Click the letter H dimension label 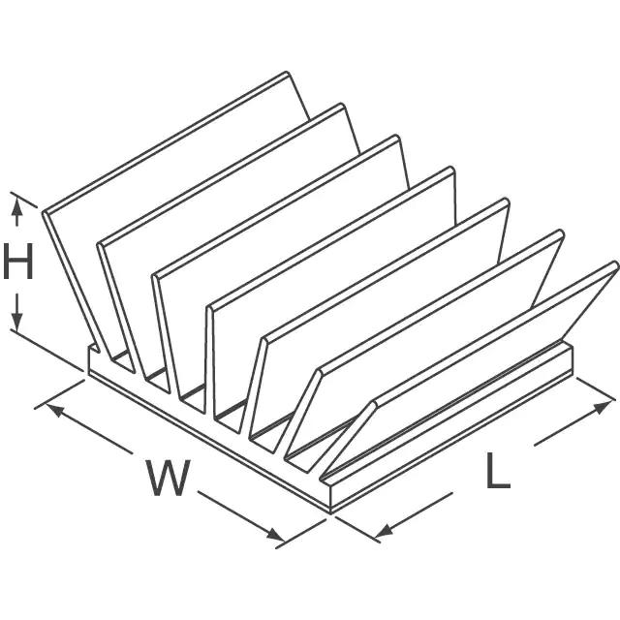(x=17, y=263)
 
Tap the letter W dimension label (x=168, y=478)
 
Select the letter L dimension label (x=497, y=471)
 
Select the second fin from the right (x=436, y=329)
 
